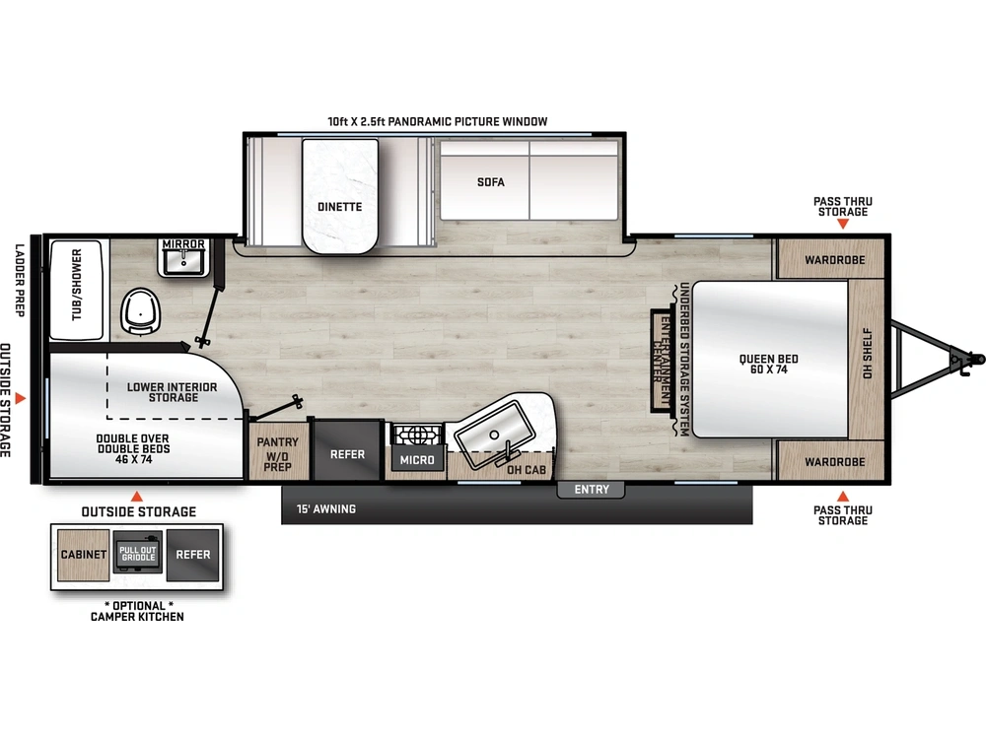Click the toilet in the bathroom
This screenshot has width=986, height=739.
point(141,309)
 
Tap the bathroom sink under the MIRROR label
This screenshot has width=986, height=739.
point(181,262)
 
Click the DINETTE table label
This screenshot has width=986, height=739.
point(339,207)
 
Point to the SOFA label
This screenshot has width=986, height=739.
point(490,182)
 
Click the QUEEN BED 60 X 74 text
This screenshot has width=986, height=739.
point(768,365)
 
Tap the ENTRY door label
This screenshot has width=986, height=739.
point(592,490)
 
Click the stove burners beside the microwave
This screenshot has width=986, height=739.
point(414,434)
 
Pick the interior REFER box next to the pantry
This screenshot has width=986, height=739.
point(347,454)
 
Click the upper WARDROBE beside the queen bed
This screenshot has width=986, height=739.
point(833,260)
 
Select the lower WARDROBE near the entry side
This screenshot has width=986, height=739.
point(833,461)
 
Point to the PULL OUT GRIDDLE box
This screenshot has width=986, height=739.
point(137,554)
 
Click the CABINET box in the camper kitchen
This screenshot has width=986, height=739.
point(84,555)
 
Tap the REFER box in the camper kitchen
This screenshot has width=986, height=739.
point(192,554)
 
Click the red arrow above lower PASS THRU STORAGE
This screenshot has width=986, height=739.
point(842,495)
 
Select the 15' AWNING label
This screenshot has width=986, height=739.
point(326,509)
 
